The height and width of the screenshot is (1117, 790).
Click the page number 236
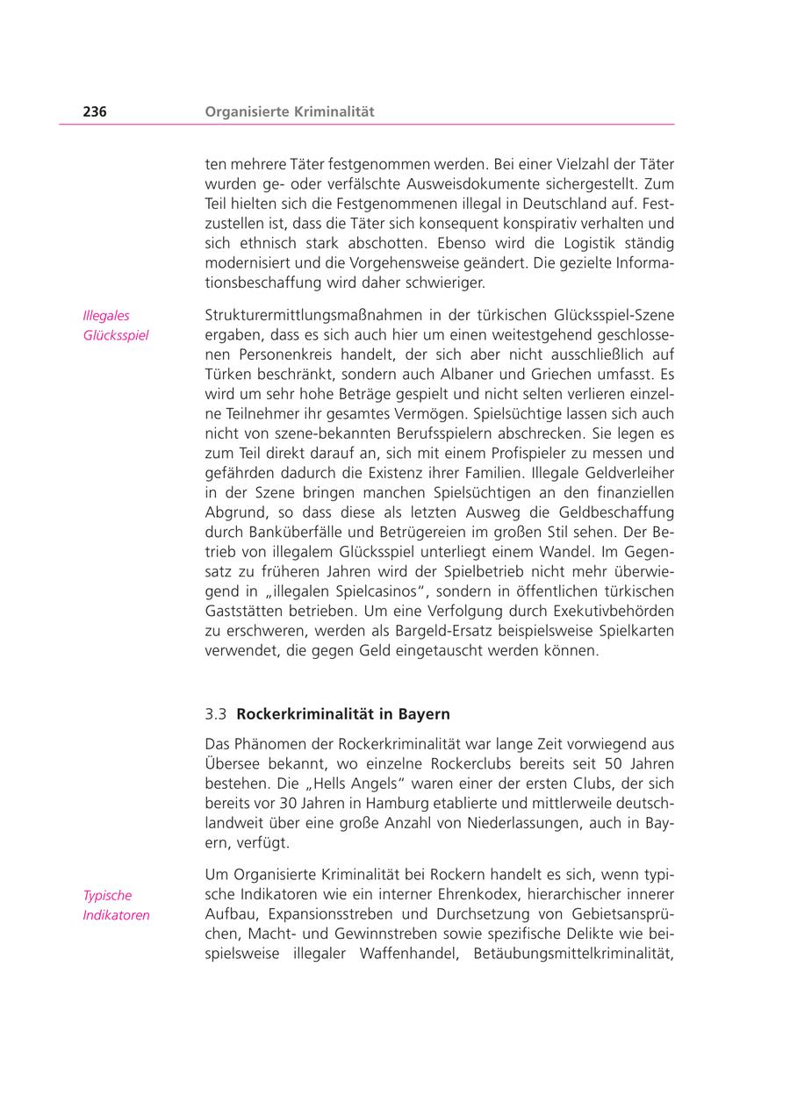tap(95, 111)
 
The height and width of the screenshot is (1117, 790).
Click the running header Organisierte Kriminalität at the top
tap(290, 111)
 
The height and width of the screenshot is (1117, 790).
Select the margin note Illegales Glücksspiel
tap(115, 326)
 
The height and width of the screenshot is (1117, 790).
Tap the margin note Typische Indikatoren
tap(116, 906)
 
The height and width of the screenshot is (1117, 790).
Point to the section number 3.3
tap(216, 714)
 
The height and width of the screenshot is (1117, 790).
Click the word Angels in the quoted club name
tap(360, 784)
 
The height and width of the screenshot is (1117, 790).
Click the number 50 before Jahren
tap(616, 764)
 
